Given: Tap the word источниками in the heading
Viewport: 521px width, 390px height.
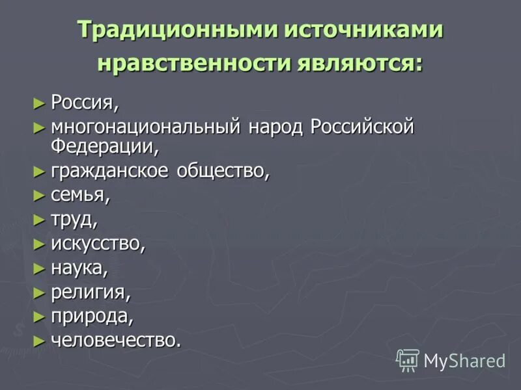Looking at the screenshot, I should (358, 31).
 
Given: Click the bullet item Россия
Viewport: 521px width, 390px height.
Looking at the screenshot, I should (85, 103).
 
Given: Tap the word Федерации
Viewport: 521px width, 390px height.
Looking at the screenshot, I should (104, 146).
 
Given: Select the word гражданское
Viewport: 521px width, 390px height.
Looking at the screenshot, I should (107, 172).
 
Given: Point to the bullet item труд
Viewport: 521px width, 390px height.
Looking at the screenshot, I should (74, 220).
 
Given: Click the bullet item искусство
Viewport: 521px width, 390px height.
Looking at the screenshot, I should (98, 244).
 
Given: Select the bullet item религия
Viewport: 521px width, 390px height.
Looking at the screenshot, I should (91, 292).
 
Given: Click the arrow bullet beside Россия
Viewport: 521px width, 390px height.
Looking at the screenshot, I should (39, 103).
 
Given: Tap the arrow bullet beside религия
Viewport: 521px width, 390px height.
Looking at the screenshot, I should (39, 292).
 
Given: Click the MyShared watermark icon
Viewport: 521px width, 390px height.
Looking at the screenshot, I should (408, 359).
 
